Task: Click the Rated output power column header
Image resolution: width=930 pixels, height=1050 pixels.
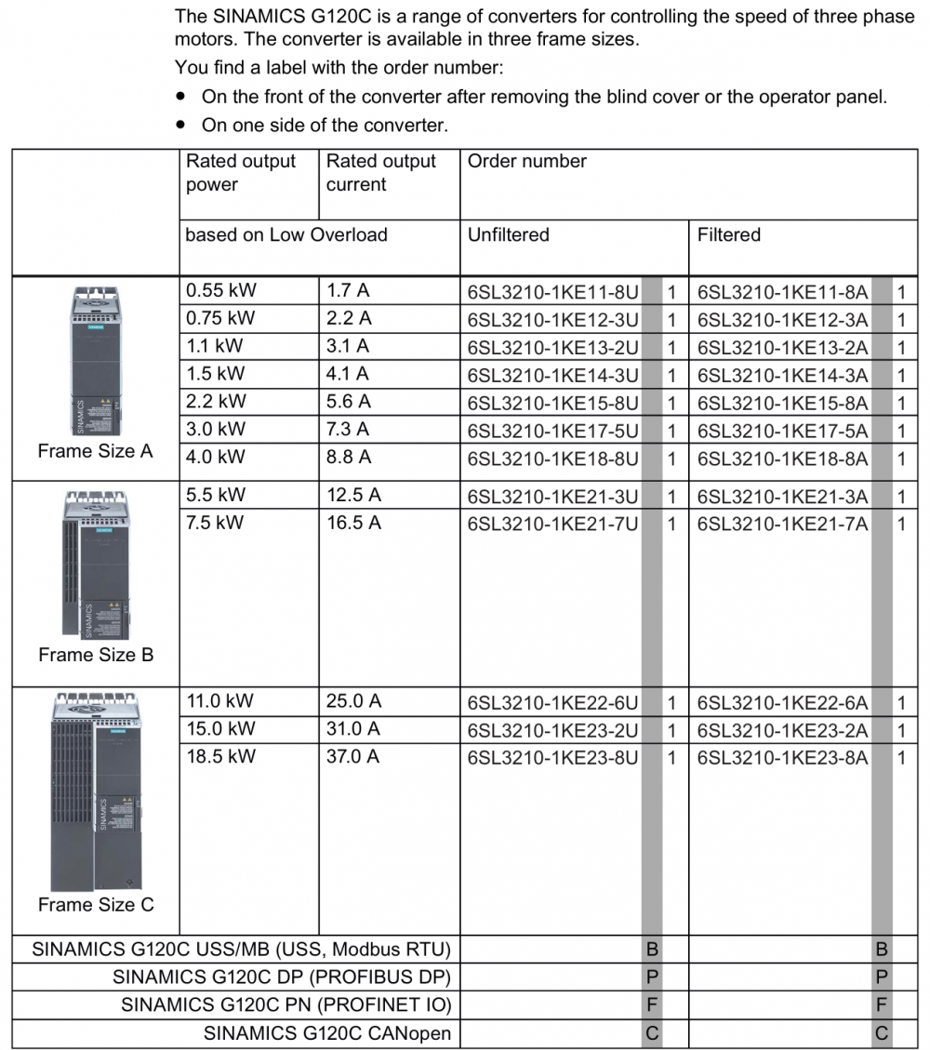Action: pos(240,173)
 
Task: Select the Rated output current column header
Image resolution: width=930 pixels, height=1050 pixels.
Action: pos(380,173)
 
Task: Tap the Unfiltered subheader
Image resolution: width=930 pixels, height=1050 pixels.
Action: pos(508,235)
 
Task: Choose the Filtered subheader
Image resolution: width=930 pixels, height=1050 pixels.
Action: pos(728,235)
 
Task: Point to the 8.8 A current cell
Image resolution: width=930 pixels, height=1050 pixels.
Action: pos(349,458)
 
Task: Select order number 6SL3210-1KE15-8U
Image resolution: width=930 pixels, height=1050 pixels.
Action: pos(552,403)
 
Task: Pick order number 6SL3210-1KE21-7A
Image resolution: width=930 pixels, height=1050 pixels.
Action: pos(782,524)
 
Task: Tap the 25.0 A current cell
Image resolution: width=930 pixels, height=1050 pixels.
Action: pos(353,701)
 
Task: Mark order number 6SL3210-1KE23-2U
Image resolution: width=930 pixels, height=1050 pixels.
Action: pos(552,730)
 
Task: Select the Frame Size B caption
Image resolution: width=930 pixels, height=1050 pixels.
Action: pos(96,655)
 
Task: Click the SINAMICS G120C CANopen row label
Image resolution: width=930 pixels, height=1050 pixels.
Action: pos(327,1033)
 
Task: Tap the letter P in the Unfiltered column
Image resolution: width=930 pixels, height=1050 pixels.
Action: pos(652,977)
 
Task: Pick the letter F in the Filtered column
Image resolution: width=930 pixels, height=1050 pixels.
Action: pos(882,1005)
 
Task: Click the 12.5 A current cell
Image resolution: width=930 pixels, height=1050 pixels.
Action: pos(353,496)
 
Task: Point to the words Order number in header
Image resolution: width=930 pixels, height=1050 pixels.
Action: pos(526,162)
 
